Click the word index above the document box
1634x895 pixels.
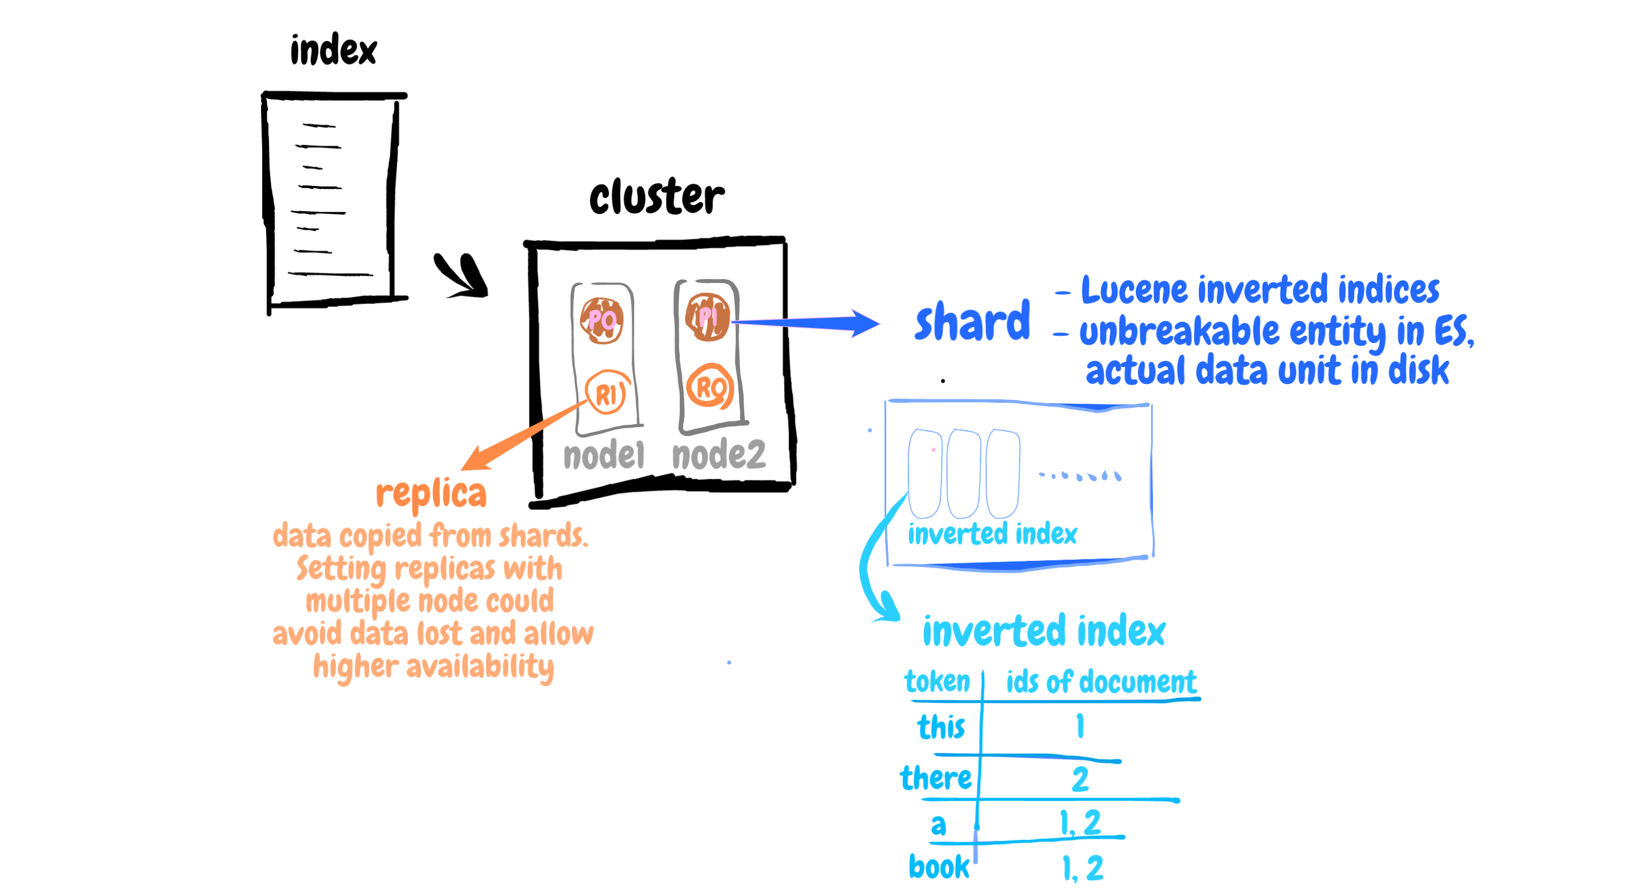tap(333, 50)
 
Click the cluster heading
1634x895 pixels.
tap(656, 196)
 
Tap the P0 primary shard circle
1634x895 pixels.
tap(601, 320)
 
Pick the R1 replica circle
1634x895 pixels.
tap(607, 393)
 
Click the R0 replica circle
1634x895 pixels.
tap(710, 387)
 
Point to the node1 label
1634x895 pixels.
tap(603, 455)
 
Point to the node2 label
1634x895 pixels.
tap(719, 455)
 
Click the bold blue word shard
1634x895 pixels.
tap(972, 322)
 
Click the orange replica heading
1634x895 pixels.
tap(431, 493)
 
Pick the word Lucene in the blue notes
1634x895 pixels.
tap(1134, 290)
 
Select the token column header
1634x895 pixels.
tap(937, 682)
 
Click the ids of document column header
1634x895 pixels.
tap(1101, 682)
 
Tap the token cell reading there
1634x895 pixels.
tap(936, 778)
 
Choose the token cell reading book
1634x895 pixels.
tap(939, 867)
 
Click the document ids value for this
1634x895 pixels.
tap(1080, 727)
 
